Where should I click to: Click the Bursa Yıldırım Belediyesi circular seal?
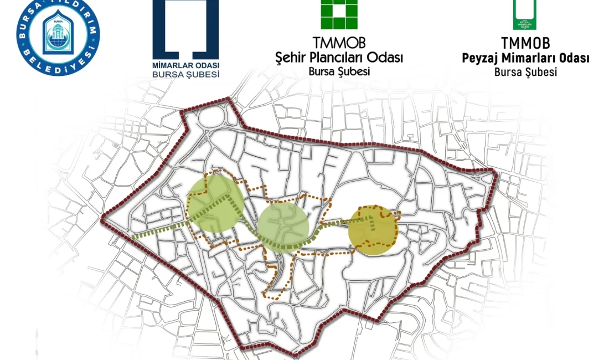[58, 38]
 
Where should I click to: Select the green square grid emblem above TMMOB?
[339, 13]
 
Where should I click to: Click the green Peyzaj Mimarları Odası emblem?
[524, 14]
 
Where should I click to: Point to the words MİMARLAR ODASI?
[185, 63]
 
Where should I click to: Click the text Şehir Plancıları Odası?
[339, 57]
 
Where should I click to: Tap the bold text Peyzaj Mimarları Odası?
[525, 58]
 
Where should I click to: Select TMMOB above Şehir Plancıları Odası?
[339, 43]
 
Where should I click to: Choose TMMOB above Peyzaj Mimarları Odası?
[525, 43]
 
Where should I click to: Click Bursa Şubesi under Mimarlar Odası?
[185, 74]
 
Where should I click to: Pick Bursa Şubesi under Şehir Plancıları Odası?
[339, 71]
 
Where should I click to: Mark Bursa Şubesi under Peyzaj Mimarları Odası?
[525, 72]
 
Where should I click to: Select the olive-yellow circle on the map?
[373, 230]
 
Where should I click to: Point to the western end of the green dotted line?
[133, 238]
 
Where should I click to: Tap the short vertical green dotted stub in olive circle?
[372, 225]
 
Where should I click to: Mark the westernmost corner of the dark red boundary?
[102, 220]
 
